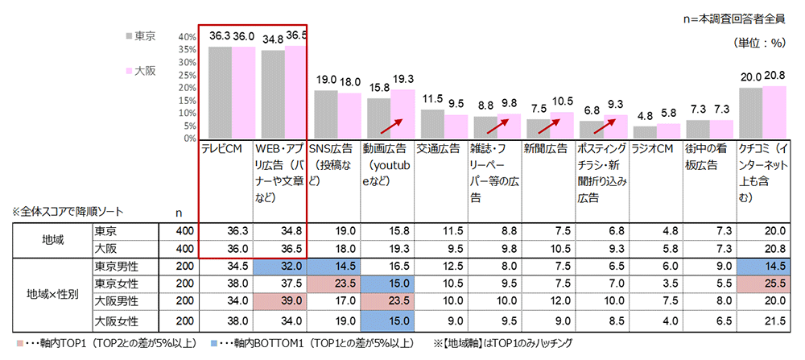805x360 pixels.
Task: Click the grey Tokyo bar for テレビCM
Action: click(x=221, y=92)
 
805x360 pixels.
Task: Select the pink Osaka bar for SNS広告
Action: click(x=349, y=116)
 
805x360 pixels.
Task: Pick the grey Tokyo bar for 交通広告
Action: click(x=432, y=124)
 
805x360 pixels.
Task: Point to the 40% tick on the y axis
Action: click(x=187, y=37)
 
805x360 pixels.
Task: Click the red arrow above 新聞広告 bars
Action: click(x=553, y=122)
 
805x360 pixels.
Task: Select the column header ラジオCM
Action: click(x=652, y=149)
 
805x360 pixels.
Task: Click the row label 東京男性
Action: click(x=116, y=267)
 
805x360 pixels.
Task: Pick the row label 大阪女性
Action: click(x=116, y=322)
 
